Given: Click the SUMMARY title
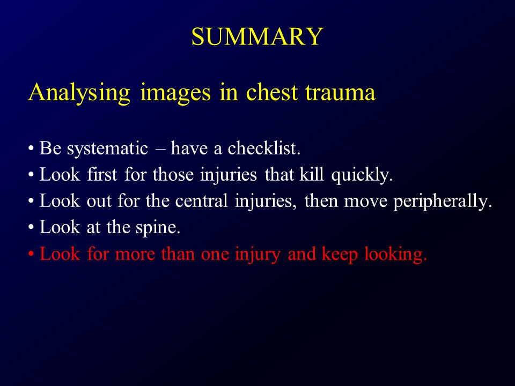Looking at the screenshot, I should [257, 37].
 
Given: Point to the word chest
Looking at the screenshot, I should [271, 92].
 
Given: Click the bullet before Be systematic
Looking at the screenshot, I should [33, 149].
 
